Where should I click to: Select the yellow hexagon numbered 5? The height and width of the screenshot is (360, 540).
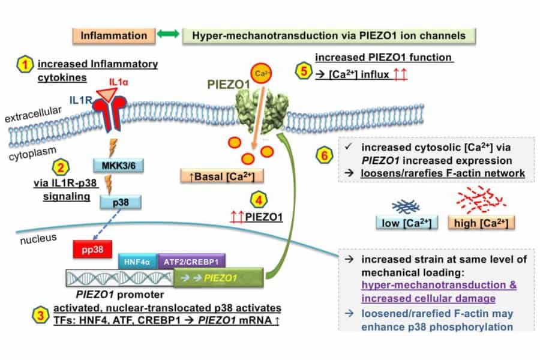pyautogui.click(x=304, y=68)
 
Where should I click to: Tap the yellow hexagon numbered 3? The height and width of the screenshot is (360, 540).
pyautogui.click(x=23, y=314)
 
